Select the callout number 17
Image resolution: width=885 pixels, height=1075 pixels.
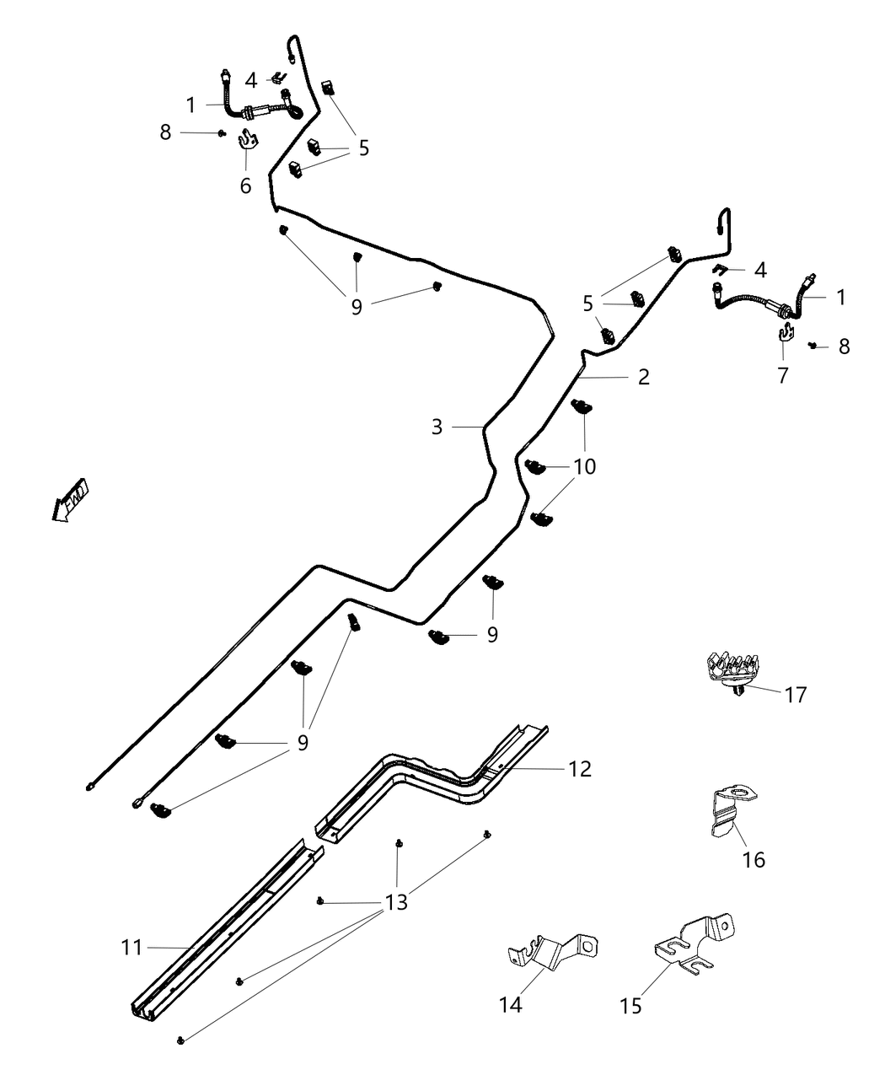click(x=795, y=695)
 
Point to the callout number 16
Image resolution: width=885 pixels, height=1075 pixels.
click(x=754, y=859)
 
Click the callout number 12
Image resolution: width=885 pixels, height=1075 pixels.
click(x=580, y=768)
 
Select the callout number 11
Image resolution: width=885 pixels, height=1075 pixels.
click(x=131, y=948)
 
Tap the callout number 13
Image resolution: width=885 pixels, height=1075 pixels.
click(x=395, y=902)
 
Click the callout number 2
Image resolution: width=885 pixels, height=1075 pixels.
click(x=644, y=377)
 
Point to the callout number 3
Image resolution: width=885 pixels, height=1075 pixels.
click(x=437, y=427)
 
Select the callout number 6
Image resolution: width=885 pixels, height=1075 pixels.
click(x=245, y=185)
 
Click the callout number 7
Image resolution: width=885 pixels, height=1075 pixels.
click(x=783, y=376)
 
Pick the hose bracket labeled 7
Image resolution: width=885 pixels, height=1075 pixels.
click(x=786, y=335)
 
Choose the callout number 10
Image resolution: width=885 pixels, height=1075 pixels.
click(x=584, y=465)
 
